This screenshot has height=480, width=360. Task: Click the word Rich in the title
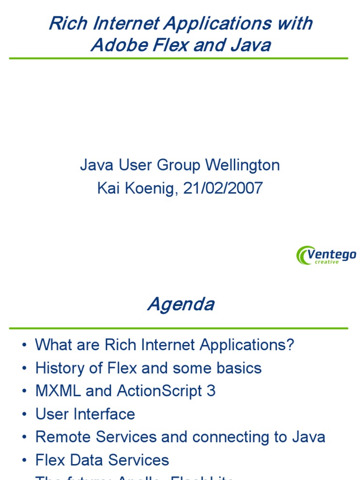pos(64,23)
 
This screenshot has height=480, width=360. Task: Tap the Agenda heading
pos(180,305)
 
